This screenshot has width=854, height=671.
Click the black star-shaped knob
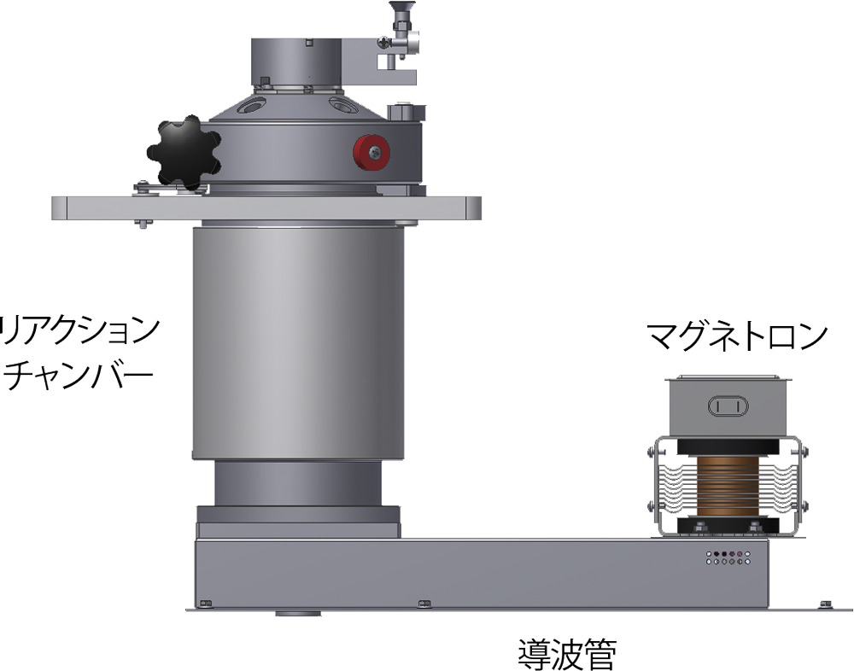coord(184,153)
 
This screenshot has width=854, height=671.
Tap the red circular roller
coord(371,153)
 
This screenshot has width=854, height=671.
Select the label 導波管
coord(567,654)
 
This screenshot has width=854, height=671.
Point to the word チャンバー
coord(77,376)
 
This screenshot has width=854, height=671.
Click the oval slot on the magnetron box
coord(728,406)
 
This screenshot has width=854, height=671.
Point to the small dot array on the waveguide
coord(728,557)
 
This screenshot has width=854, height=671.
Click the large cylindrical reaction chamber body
coord(298,342)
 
